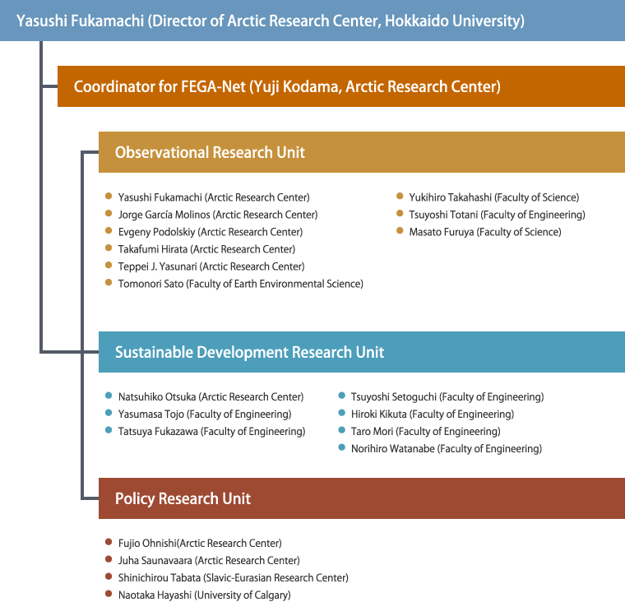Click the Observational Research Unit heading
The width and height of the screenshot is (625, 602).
click(x=210, y=152)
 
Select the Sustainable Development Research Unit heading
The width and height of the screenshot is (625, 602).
click(x=249, y=352)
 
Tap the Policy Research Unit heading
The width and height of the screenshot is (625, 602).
click(x=183, y=498)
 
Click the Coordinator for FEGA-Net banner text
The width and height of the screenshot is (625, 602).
click(x=287, y=86)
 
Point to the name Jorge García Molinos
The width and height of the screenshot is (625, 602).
click(x=164, y=215)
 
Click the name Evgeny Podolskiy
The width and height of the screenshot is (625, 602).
click(x=156, y=232)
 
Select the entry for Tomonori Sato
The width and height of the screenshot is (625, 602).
click(x=240, y=284)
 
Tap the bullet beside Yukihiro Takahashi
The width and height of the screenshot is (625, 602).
click(x=400, y=196)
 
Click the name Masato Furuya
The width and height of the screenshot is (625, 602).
click(x=442, y=232)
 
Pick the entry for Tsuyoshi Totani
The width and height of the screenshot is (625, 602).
click(x=497, y=215)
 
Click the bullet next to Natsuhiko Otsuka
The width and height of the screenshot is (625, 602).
click(x=109, y=396)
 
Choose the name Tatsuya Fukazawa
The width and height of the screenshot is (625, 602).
click(x=158, y=432)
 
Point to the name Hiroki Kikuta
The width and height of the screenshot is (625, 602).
click(x=378, y=414)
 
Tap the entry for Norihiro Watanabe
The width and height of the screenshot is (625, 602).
click(x=447, y=448)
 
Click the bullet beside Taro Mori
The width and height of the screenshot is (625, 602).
click(x=341, y=430)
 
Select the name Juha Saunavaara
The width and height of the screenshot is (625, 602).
click(x=155, y=561)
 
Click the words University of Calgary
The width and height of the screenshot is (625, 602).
click(x=243, y=595)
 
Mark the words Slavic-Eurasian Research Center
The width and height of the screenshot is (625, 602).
click(x=275, y=577)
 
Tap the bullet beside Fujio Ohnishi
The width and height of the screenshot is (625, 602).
click(x=109, y=542)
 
